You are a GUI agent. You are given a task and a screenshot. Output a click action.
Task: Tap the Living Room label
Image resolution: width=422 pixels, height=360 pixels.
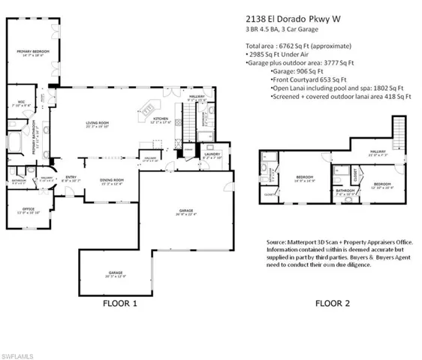98,124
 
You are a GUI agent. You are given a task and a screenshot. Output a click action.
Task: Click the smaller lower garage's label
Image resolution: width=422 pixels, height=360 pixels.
115,274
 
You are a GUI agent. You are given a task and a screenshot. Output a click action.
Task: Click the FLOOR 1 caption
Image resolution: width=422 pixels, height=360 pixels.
120,304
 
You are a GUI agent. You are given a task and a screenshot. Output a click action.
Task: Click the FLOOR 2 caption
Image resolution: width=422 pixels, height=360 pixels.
334,304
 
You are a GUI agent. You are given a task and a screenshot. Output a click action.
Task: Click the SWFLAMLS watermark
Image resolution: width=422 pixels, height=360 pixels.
19,352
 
